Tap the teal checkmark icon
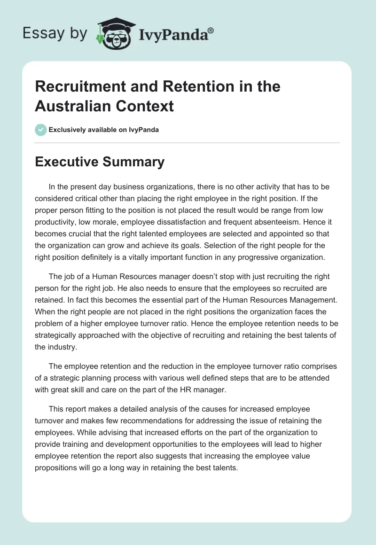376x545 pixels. [x=41, y=130]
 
